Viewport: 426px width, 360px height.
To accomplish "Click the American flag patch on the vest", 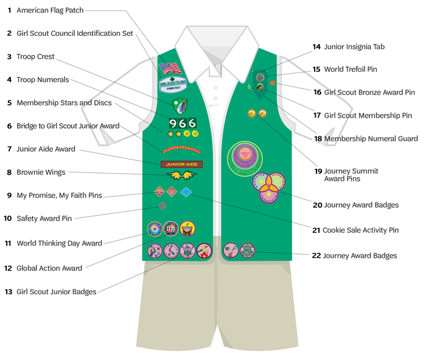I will point(170,68).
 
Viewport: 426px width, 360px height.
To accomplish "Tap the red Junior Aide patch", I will point(181,164).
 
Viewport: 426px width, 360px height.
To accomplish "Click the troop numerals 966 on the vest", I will point(183,123).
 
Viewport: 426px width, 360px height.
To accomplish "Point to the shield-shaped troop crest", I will point(179,105).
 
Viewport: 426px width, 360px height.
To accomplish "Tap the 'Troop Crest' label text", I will point(35,57).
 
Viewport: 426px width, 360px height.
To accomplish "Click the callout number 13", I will point(8,292).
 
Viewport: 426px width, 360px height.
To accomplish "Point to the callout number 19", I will point(318,171).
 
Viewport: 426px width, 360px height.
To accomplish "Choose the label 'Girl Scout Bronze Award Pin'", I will point(369,93).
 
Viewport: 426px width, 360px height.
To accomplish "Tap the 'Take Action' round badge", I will point(248,250).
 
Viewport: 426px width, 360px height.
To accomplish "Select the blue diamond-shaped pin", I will point(186,192).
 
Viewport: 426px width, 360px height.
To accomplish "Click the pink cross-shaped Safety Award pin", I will point(162,206).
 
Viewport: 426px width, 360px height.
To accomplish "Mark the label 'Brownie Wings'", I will point(41,172).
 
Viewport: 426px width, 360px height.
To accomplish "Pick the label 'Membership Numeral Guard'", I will point(371,139).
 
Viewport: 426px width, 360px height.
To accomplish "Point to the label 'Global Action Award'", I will point(49,268).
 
